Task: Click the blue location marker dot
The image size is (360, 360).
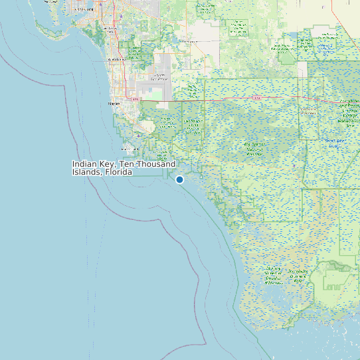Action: coord(179,179)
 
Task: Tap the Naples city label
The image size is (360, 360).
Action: coord(114,104)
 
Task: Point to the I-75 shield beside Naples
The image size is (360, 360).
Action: coord(136,99)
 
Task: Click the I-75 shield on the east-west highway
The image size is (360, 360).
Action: coord(255,98)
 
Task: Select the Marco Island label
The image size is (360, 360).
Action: coord(129,149)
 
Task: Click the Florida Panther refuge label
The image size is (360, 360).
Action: coord(194,124)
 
